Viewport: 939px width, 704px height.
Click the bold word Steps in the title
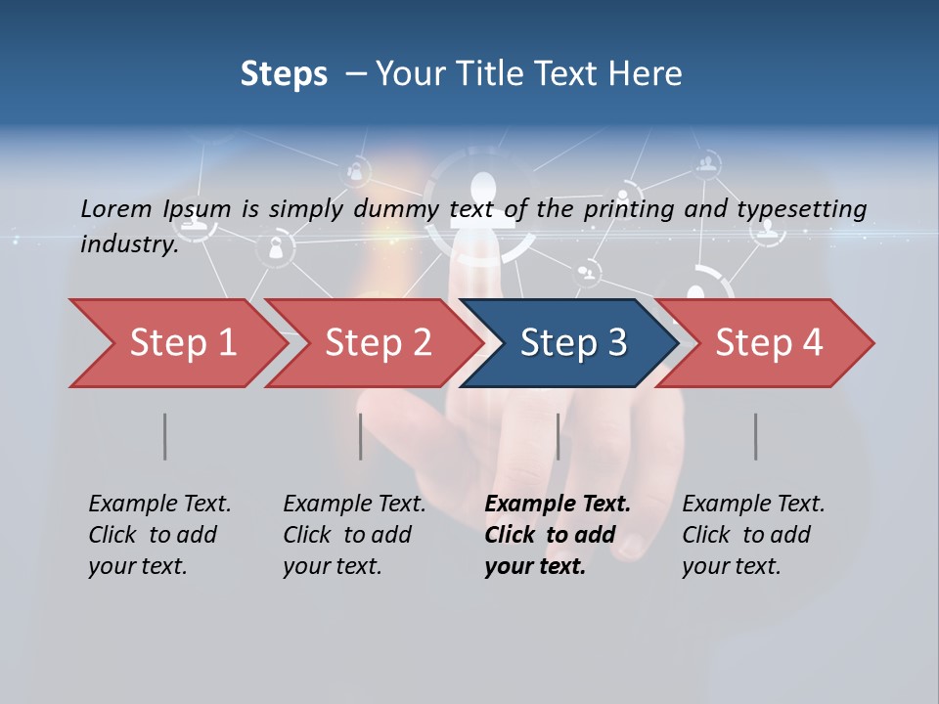(284, 74)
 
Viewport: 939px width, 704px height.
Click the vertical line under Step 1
(164, 436)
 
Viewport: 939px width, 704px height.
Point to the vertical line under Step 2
(360, 436)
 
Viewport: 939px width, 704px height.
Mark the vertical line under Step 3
(558, 436)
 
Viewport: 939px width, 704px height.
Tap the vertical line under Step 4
(755, 436)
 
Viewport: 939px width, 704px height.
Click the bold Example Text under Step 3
(558, 504)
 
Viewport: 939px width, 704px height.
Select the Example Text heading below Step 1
(159, 504)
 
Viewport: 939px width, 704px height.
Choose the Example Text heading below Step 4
(753, 504)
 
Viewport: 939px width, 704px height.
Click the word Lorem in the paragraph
(114, 208)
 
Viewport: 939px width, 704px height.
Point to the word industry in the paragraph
(129, 243)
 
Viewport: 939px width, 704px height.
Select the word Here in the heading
(648, 74)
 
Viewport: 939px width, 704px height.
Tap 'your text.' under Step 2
(332, 566)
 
